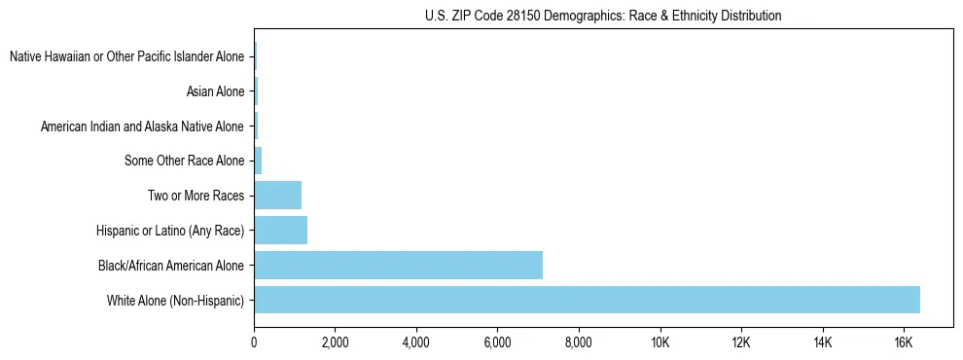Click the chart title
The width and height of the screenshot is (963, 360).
[603, 17]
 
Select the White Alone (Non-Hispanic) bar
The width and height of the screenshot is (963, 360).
[587, 300]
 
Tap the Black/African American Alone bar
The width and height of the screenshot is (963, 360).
[398, 265]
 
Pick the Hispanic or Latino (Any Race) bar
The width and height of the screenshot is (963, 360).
[280, 230]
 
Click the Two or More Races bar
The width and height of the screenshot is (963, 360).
[277, 195]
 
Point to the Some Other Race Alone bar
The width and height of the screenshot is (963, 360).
[258, 161]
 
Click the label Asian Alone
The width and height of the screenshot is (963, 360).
[215, 92]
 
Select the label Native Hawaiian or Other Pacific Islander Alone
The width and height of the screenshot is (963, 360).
[127, 57]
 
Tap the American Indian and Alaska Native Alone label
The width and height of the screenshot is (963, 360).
[142, 126]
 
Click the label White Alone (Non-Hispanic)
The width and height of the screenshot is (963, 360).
[176, 300]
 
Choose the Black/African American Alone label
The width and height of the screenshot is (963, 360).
[171, 265]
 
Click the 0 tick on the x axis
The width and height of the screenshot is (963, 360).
[254, 342]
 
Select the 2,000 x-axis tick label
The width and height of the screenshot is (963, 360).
[335, 342]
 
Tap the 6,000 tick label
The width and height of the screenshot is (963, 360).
[497, 342]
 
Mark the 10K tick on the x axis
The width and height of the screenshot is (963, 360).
[660, 342]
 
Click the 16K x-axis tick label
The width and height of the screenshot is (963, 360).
[904, 342]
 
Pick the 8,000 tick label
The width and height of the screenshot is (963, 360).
[579, 342]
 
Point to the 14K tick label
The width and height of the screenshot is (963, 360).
[823, 342]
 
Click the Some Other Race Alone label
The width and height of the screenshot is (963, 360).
[185, 161]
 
